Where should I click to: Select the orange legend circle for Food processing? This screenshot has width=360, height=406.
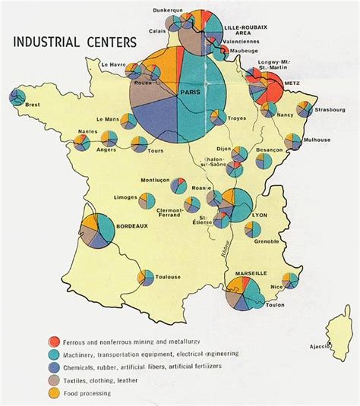[54, 393]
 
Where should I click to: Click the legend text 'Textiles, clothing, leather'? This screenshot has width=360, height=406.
[111, 380]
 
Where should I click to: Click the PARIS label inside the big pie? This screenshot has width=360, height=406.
[189, 93]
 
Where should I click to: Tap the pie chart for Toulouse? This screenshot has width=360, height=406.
[145, 278]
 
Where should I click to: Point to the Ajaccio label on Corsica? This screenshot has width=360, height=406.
[317, 347]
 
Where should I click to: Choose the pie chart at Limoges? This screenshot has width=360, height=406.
[145, 200]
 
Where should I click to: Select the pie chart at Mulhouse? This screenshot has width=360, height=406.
[292, 141]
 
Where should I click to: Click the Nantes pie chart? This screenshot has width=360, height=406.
[109, 139]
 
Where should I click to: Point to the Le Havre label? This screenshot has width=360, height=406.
[112, 64]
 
